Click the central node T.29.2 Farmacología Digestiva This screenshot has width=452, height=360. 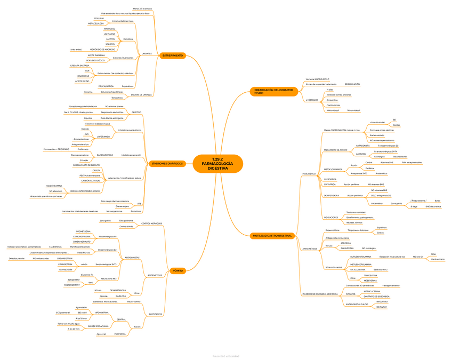click(218, 164)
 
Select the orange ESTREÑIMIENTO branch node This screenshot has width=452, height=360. click(173, 55)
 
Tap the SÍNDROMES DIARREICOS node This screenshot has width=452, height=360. click(167, 163)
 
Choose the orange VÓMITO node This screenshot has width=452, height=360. click(177, 270)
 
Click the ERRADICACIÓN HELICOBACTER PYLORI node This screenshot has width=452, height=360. click(273, 92)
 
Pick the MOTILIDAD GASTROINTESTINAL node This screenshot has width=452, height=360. click(272, 235)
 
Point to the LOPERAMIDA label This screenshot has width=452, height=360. click(103, 137)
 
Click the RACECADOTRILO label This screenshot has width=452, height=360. click(105, 155)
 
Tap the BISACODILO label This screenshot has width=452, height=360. click(83, 76)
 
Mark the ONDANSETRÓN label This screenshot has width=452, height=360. click(65, 258)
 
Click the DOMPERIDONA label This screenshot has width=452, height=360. click(331, 195)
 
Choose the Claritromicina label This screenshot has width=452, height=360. click(334, 105)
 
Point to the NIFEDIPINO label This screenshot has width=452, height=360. click(382, 301)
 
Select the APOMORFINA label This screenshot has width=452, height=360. click(101, 313)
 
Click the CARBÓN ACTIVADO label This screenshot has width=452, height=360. click(90, 181)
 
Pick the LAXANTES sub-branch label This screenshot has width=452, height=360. click(146, 53)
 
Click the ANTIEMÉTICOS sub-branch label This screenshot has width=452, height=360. click(155, 275)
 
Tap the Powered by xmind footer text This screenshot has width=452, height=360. click(225, 356)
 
